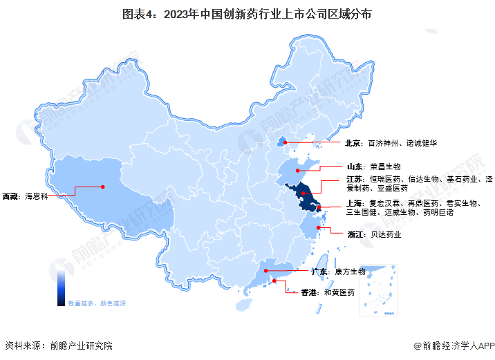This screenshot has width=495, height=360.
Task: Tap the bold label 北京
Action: (353, 144)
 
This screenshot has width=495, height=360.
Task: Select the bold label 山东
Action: (353, 167)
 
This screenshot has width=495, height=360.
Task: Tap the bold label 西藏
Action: (11, 196)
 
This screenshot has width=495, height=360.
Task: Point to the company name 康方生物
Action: (350, 272)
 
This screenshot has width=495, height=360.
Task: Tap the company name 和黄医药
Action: (341, 293)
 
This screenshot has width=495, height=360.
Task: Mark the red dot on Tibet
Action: (102, 186)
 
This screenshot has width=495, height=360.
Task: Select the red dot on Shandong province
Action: (297, 170)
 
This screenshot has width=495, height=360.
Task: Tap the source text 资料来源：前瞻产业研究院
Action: (58, 345)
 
